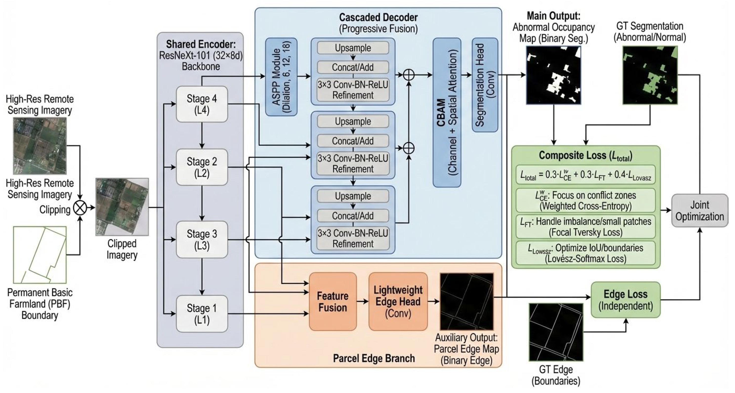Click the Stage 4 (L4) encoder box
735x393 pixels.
[x=202, y=104]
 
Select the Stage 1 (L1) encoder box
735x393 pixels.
[x=202, y=314]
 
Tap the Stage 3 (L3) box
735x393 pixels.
[x=202, y=240]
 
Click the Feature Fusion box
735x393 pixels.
[x=333, y=301]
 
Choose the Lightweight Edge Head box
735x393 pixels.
[x=398, y=301]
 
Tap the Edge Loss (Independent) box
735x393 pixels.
[x=626, y=300]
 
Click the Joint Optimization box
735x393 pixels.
[x=699, y=210]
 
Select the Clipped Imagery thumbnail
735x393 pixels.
[x=122, y=207]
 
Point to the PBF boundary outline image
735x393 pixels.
[x=40, y=255]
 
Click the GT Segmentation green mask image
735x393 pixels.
[x=650, y=75]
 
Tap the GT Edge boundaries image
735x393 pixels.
[x=556, y=332]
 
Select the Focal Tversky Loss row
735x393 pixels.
[x=586, y=227]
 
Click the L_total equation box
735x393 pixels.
[x=586, y=175]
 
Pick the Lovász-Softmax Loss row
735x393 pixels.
[x=586, y=253]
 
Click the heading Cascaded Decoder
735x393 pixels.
[x=378, y=17]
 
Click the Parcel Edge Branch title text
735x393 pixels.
[x=374, y=358]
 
